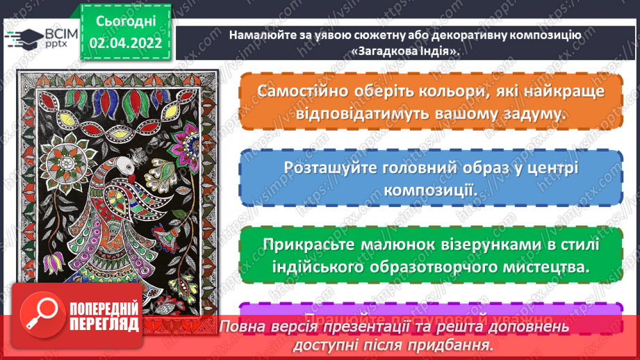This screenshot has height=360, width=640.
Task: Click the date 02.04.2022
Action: [126, 43]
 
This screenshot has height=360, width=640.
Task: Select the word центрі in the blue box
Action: [550, 169]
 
